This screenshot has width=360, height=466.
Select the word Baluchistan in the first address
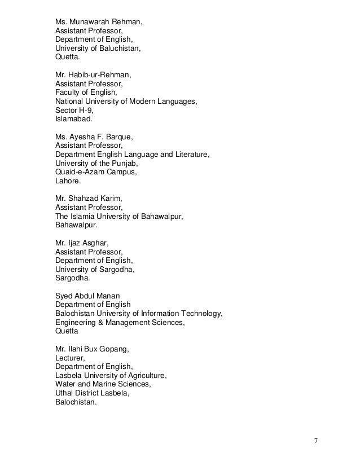117,49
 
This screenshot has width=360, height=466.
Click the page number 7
317,440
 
